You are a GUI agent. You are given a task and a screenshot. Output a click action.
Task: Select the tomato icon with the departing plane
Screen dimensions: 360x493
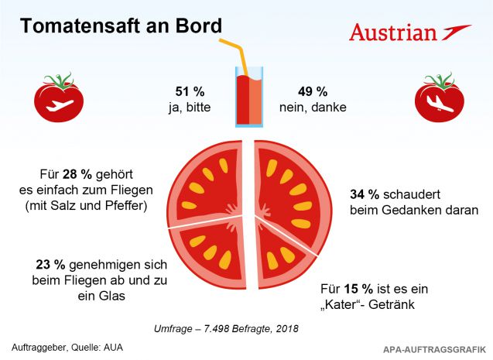pos(58,98)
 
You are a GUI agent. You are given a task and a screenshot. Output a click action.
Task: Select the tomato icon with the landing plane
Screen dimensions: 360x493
pos(439,98)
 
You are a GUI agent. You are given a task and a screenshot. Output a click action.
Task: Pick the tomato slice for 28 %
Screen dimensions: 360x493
pos(205,181)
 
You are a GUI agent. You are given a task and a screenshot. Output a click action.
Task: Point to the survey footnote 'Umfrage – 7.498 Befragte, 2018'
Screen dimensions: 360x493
pos(247,329)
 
